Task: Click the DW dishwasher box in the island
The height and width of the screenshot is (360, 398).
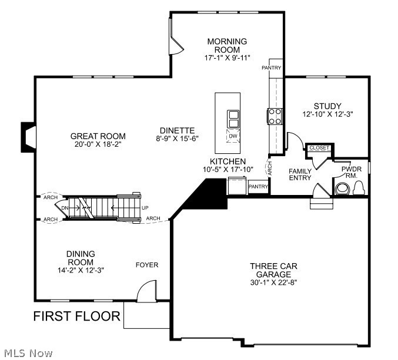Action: [233, 136]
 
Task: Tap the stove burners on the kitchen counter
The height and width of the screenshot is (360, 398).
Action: [275, 116]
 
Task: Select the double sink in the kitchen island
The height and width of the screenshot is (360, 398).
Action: [233, 119]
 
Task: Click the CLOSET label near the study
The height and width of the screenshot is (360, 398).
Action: [319, 148]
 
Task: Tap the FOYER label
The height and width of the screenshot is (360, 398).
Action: [147, 265]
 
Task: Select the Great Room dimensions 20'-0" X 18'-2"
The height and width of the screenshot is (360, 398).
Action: [100, 144]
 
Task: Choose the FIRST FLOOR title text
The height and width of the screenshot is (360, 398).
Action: [76, 317]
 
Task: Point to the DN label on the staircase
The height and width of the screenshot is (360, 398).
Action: [65, 207]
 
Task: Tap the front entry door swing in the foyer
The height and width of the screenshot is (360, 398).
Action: [146, 291]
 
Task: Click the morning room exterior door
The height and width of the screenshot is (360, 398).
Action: [175, 45]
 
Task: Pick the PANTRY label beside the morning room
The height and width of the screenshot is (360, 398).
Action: [272, 68]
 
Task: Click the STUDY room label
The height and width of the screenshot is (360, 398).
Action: [327, 106]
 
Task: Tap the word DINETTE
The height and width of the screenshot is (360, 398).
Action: [177, 130]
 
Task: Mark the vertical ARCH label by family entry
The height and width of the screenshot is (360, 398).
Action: [269, 169]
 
